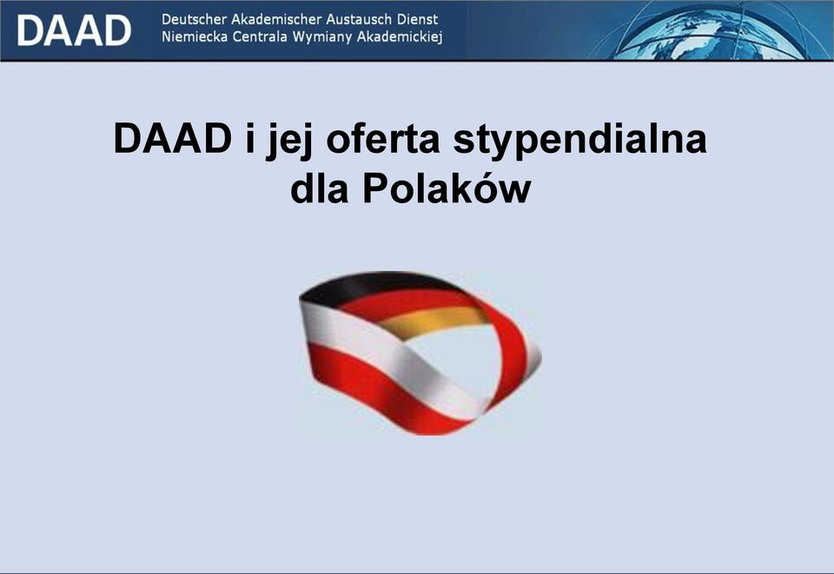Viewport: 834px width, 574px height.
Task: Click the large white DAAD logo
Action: tap(74, 30)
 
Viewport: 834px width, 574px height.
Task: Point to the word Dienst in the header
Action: tap(418, 19)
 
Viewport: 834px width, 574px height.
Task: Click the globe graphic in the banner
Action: tap(712, 32)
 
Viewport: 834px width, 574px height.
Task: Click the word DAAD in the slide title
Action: tap(173, 139)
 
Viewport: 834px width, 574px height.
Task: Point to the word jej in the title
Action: tap(289, 141)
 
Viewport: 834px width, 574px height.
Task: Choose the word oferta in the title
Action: tap(383, 140)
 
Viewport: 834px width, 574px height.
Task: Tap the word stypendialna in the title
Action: tap(579, 141)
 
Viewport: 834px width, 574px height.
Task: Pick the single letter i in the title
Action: tap(250, 139)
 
